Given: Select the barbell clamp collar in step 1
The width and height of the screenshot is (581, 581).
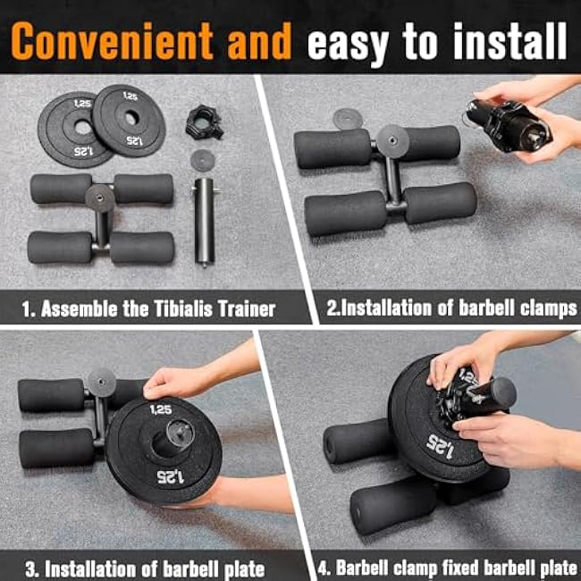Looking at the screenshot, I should point(204,121).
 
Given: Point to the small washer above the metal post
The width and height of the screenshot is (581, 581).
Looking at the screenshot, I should point(203,159).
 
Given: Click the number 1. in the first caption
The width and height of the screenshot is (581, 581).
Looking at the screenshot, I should point(29,310).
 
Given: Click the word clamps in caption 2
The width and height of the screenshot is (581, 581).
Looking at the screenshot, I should point(547,310).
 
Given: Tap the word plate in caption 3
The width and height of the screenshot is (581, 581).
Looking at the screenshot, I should point(241,568).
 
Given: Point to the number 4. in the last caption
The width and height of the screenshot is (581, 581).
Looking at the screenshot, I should point(324,568).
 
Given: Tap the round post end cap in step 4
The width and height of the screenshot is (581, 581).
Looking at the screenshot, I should point(500,392).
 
